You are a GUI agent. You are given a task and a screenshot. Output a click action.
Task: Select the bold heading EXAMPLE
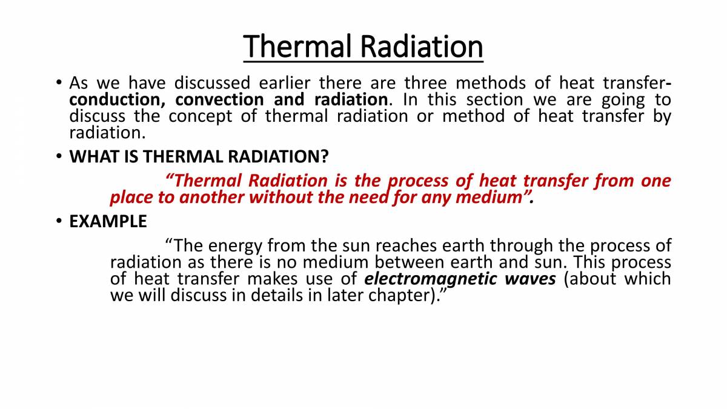[108, 222]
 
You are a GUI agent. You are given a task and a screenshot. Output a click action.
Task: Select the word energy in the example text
[235, 246]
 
